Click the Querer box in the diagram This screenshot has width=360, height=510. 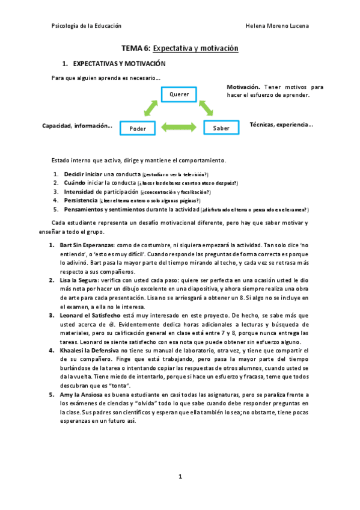point(179,95)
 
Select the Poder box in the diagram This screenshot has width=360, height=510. point(138,128)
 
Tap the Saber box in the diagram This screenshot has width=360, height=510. point(221,128)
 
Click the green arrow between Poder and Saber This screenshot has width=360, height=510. point(179,127)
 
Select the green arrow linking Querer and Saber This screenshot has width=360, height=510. point(207,108)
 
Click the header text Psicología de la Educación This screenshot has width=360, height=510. point(87,26)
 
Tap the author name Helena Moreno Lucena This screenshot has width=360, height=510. point(278,26)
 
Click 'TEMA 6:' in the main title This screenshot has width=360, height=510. point(136,48)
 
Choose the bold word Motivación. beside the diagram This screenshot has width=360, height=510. point(243,87)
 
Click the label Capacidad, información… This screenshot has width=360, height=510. point(77,126)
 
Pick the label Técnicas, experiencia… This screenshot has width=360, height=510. point(281,124)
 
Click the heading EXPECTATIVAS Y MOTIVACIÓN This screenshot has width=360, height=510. point(119,63)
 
